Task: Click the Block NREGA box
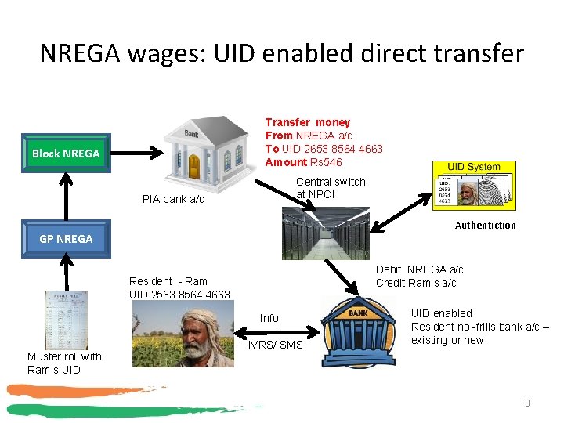(x=66, y=154)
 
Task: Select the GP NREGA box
(x=66, y=238)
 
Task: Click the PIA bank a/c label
(x=173, y=199)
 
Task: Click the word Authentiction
(x=486, y=226)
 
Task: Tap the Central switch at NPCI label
(x=331, y=188)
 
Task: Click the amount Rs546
(x=325, y=162)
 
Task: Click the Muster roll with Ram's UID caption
(x=64, y=363)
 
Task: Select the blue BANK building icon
(x=358, y=329)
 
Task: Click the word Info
(x=269, y=318)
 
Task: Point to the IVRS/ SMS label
(x=275, y=345)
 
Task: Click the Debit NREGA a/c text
(x=420, y=269)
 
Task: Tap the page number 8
(x=527, y=403)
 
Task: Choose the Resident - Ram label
(x=168, y=281)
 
